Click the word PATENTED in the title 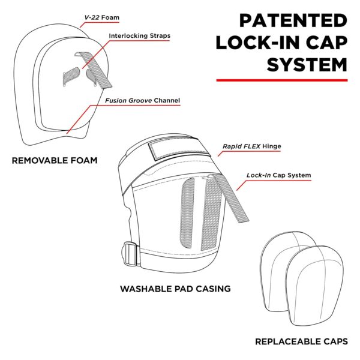(x=293, y=20)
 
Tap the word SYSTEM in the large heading (x=307, y=65)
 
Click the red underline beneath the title (x=282, y=80)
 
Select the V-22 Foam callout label (x=102, y=17)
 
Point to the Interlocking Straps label (x=140, y=36)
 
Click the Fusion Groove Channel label (x=143, y=101)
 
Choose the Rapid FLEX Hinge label (x=252, y=146)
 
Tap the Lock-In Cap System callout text (x=279, y=175)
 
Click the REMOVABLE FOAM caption (x=55, y=160)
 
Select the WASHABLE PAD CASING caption (x=175, y=289)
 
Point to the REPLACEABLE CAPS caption (x=301, y=341)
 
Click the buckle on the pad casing (x=131, y=254)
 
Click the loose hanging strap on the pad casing (x=230, y=198)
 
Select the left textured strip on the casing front (x=187, y=213)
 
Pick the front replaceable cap (x=315, y=286)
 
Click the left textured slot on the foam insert (x=71, y=77)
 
